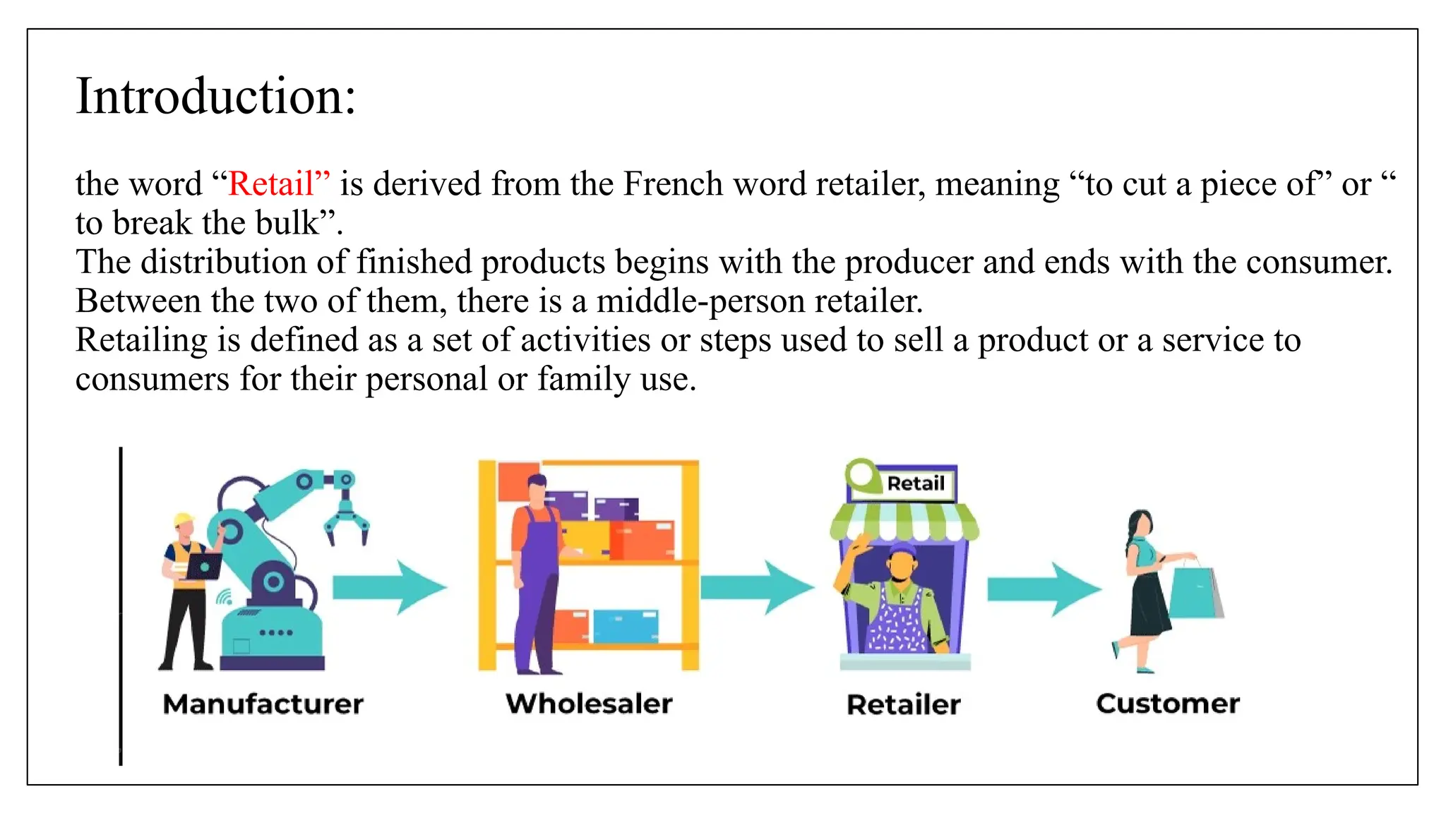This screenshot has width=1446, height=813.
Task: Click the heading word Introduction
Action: coord(215,97)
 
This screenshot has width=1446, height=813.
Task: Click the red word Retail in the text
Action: coord(270,184)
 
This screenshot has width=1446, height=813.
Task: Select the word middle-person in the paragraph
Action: coord(700,301)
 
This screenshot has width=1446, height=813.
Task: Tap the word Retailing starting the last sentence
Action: coord(141,341)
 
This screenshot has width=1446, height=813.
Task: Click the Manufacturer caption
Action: coord(263,704)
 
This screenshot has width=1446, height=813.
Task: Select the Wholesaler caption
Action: coord(589,704)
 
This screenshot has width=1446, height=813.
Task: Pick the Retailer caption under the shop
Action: coord(903,704)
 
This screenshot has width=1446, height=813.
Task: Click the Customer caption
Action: coord(1168,704)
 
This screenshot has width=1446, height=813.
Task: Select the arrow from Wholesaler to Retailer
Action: coord(757,587)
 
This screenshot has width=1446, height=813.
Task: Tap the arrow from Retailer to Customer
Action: coord(1044,589)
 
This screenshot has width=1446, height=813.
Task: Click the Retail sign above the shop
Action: coord(915,483)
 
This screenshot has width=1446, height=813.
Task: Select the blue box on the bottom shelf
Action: coord(626,626)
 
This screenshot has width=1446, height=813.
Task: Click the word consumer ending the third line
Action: coord(1317,263)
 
